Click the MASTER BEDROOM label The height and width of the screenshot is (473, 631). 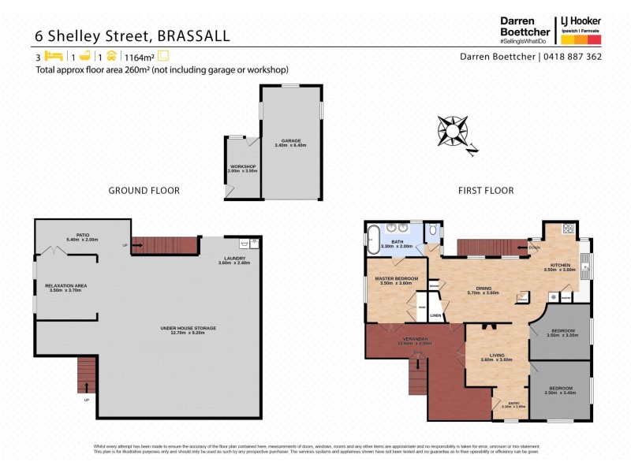(x=396, y=278)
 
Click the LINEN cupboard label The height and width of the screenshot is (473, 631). (x=435, y=315)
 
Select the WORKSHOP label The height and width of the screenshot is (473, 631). (x=243, y=166)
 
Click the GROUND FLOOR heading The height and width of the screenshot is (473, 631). (x=144, y=191)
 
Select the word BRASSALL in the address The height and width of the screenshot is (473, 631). (x=194, y=35)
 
